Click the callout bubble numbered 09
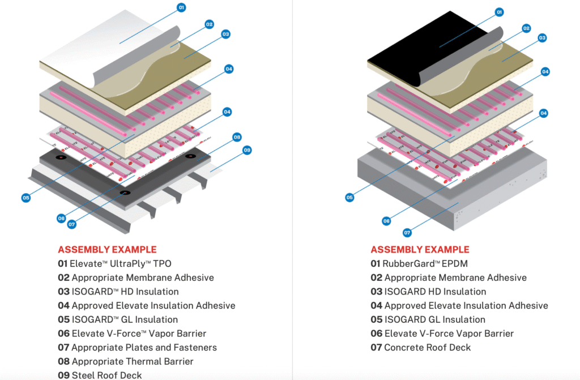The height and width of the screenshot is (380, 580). coord(247,150)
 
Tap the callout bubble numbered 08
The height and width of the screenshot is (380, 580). coord(237,137)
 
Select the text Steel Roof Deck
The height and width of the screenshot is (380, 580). coord(107,375)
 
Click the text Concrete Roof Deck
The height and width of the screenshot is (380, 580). coord(427,347)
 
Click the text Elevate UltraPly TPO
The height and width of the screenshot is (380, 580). coord(120,264)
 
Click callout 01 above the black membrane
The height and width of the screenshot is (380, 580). coord(499,11)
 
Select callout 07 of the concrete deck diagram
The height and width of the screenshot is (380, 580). coord(407,232)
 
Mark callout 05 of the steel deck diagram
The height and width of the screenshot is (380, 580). coord(26,198)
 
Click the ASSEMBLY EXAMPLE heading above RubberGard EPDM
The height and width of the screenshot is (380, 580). coord(420,250)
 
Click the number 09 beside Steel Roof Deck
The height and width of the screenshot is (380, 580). coord(63,375)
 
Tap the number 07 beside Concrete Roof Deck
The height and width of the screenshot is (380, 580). coord(376,347)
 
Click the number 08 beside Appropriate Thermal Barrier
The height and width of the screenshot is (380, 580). coord(63,361)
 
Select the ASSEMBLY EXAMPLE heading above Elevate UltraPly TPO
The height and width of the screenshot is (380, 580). coord(107,250)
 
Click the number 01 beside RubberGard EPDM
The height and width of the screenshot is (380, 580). coord(376,264)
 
